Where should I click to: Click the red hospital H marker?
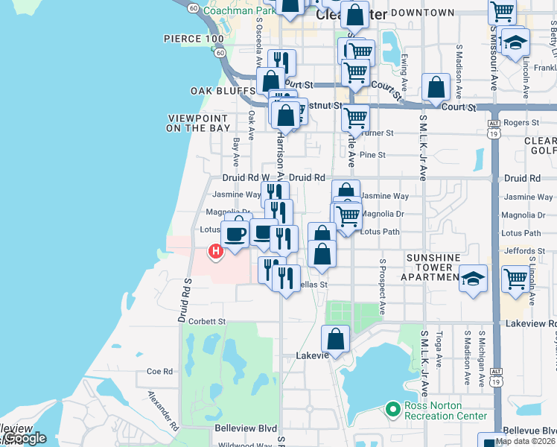[216, 252]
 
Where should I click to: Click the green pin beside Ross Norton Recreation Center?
[392, 409]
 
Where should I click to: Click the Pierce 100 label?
[193, 39]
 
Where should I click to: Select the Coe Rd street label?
[159, 371]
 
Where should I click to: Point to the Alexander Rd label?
[163, 410]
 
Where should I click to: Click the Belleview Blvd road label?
[246, 429]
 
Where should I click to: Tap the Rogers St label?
[521, 122]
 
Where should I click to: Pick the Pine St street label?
[372, 155]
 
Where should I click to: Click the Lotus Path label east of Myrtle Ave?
[380, 232]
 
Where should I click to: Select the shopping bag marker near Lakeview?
[336, 339]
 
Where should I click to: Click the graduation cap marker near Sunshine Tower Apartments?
[472, 279]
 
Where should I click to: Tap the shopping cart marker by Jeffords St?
[515, 279]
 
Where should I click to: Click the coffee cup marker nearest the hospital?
[235, 233]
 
